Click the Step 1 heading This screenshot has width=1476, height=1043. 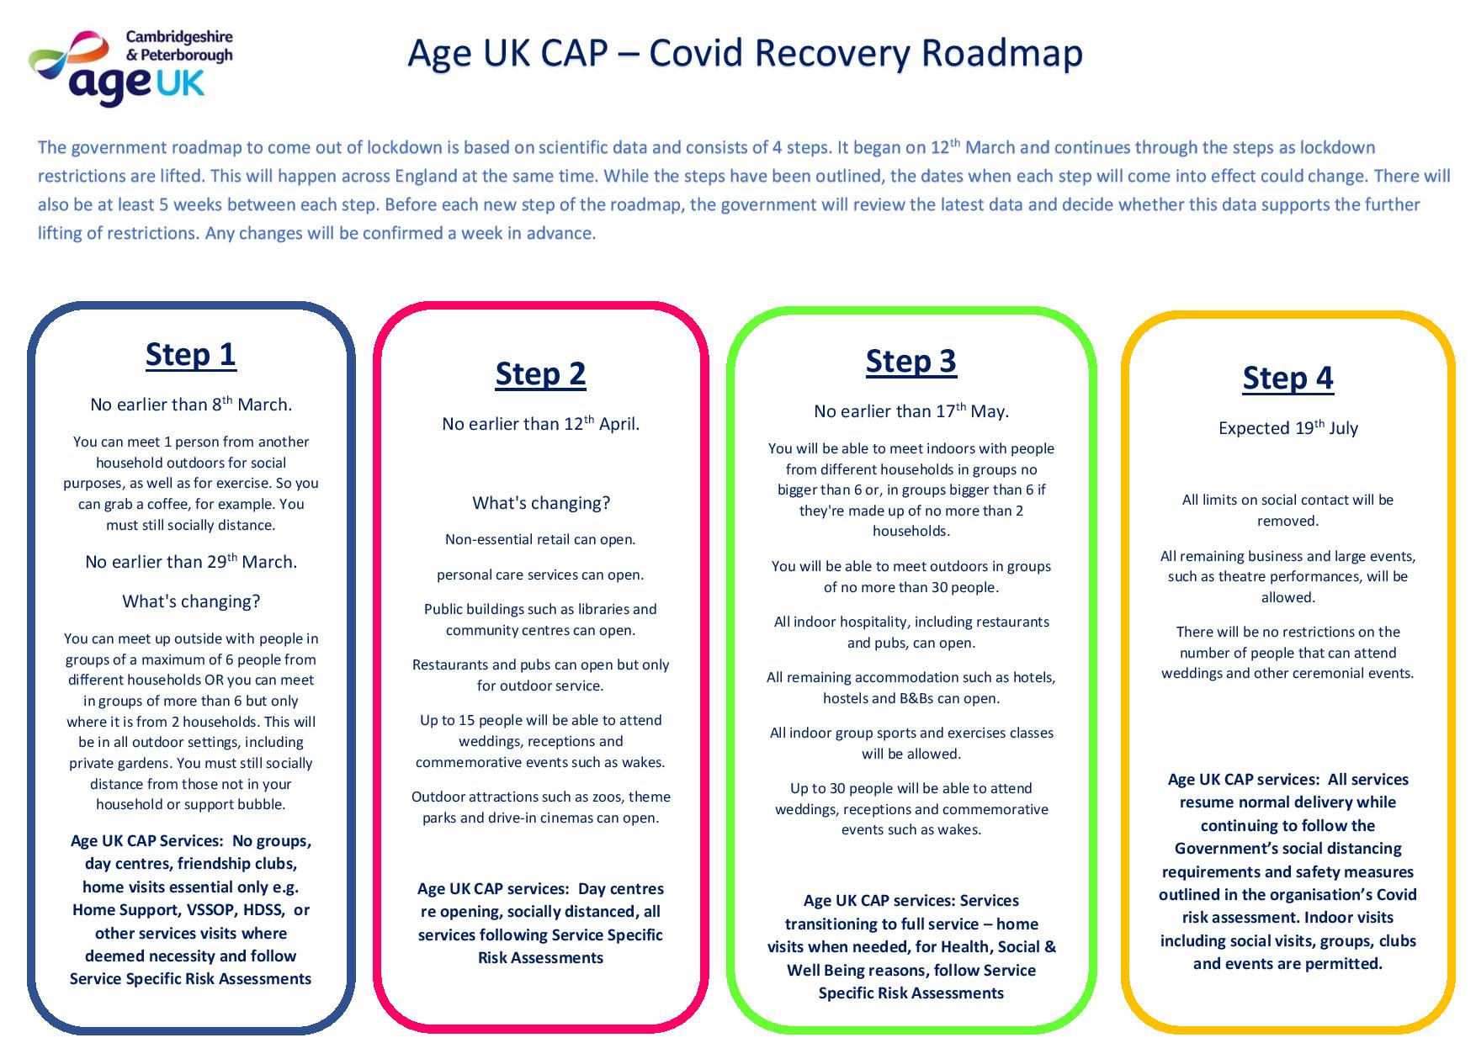tap(191, 355)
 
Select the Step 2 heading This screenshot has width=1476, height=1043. tap(540, 374)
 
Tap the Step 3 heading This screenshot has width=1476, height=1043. tap(911, 362)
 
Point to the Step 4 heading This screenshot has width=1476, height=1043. tap(1288, 379)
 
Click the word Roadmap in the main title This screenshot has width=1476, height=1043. tap(1001, 53)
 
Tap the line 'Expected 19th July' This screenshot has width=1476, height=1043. tap(1288, 427)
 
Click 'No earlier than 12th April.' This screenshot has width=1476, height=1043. tap(540, 423)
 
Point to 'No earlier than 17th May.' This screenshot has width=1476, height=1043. tap(911, 410)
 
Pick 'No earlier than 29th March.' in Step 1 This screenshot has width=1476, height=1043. tap(191, 561)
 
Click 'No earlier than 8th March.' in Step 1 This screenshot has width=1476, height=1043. tap(191, 404)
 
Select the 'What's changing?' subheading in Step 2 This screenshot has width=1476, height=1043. tap(541, 503)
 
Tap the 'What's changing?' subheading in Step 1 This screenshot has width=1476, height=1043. tap(191, 601)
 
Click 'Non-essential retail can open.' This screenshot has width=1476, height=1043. tap(540, 539)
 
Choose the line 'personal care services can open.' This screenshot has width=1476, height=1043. tap(540, 574)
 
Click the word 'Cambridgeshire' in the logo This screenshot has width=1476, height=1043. tap(179, 38)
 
